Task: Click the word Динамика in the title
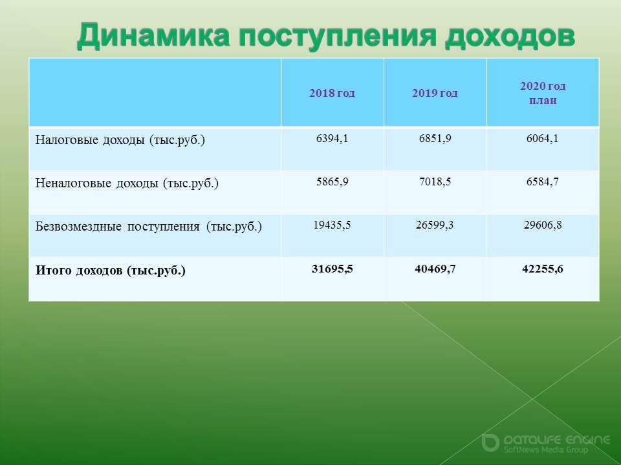[x=153, y=36]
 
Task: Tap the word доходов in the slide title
[x=510, y=36]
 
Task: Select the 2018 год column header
[x=332, y=93]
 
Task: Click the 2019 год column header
[x=435, y=93]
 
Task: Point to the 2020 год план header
[x=543, y=93]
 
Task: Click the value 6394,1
[x=332, y=139]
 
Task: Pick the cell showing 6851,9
[x=435, y=139]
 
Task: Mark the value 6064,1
[x=542, y=139]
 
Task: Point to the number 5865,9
[x=332, y=182]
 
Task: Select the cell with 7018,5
[x=435, y=182]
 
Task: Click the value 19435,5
[x=332, y=225]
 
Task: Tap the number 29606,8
[x=543, y=225]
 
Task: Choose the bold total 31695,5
[x=332, y=269]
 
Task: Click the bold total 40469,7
[x=435, y=269]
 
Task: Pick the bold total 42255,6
[x=543, y=269]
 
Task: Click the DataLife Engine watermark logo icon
[x=490, y=442]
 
